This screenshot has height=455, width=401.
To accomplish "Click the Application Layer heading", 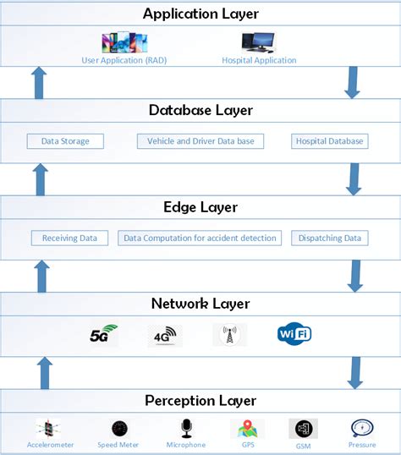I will (200, 14).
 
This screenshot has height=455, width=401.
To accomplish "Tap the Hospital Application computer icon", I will (259, 43).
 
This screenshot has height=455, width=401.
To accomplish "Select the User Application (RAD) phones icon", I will (124, 43).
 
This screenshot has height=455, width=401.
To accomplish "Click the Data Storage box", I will (65, 141).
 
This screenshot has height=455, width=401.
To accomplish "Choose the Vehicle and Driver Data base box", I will (200, 141).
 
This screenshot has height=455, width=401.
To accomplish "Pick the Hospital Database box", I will (329, 141).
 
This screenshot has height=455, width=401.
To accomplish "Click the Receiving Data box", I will (69, 238).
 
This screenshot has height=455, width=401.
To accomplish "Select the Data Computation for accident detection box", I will (200, 238).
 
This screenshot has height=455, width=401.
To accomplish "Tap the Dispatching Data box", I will (329, 238).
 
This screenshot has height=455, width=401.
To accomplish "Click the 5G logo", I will (103, 336).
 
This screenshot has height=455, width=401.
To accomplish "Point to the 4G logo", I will (164, 336).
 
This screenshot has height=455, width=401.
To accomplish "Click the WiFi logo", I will (294, 334).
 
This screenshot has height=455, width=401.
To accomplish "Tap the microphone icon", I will (185, 428).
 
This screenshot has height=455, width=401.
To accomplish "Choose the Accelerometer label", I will (49, 445).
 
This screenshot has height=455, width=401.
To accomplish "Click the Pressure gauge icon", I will (363, 428).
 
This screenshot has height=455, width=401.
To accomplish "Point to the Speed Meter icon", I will (118, 429).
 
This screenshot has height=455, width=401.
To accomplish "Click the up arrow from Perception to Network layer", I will (45, 372).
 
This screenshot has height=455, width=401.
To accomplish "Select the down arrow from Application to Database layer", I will (354, 83).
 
